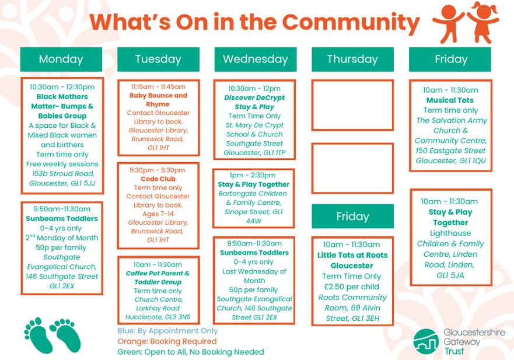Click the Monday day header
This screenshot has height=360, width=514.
coord(61,60)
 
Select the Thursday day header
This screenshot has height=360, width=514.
coord(352,60)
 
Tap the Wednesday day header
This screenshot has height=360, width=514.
coord(256,60)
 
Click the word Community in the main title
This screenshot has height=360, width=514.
coord(351,22)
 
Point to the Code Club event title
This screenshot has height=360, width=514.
coord(158,179)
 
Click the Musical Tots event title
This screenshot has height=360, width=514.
coord(450,100)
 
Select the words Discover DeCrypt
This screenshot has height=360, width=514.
coord(254,97)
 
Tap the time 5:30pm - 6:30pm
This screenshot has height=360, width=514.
coord(158,170)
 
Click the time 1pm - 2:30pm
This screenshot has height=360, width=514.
coord(253,176)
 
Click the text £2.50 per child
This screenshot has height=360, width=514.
coord(352,287)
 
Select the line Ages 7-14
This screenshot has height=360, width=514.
coord(158,214)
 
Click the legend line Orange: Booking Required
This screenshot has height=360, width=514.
coord(167,341)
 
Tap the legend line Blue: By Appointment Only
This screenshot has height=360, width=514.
coord(167,331)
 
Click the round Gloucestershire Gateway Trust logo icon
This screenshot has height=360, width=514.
coord(426,342)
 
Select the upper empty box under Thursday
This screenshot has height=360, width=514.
coord(352,105)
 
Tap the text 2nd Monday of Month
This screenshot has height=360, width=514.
coord(62,237)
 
